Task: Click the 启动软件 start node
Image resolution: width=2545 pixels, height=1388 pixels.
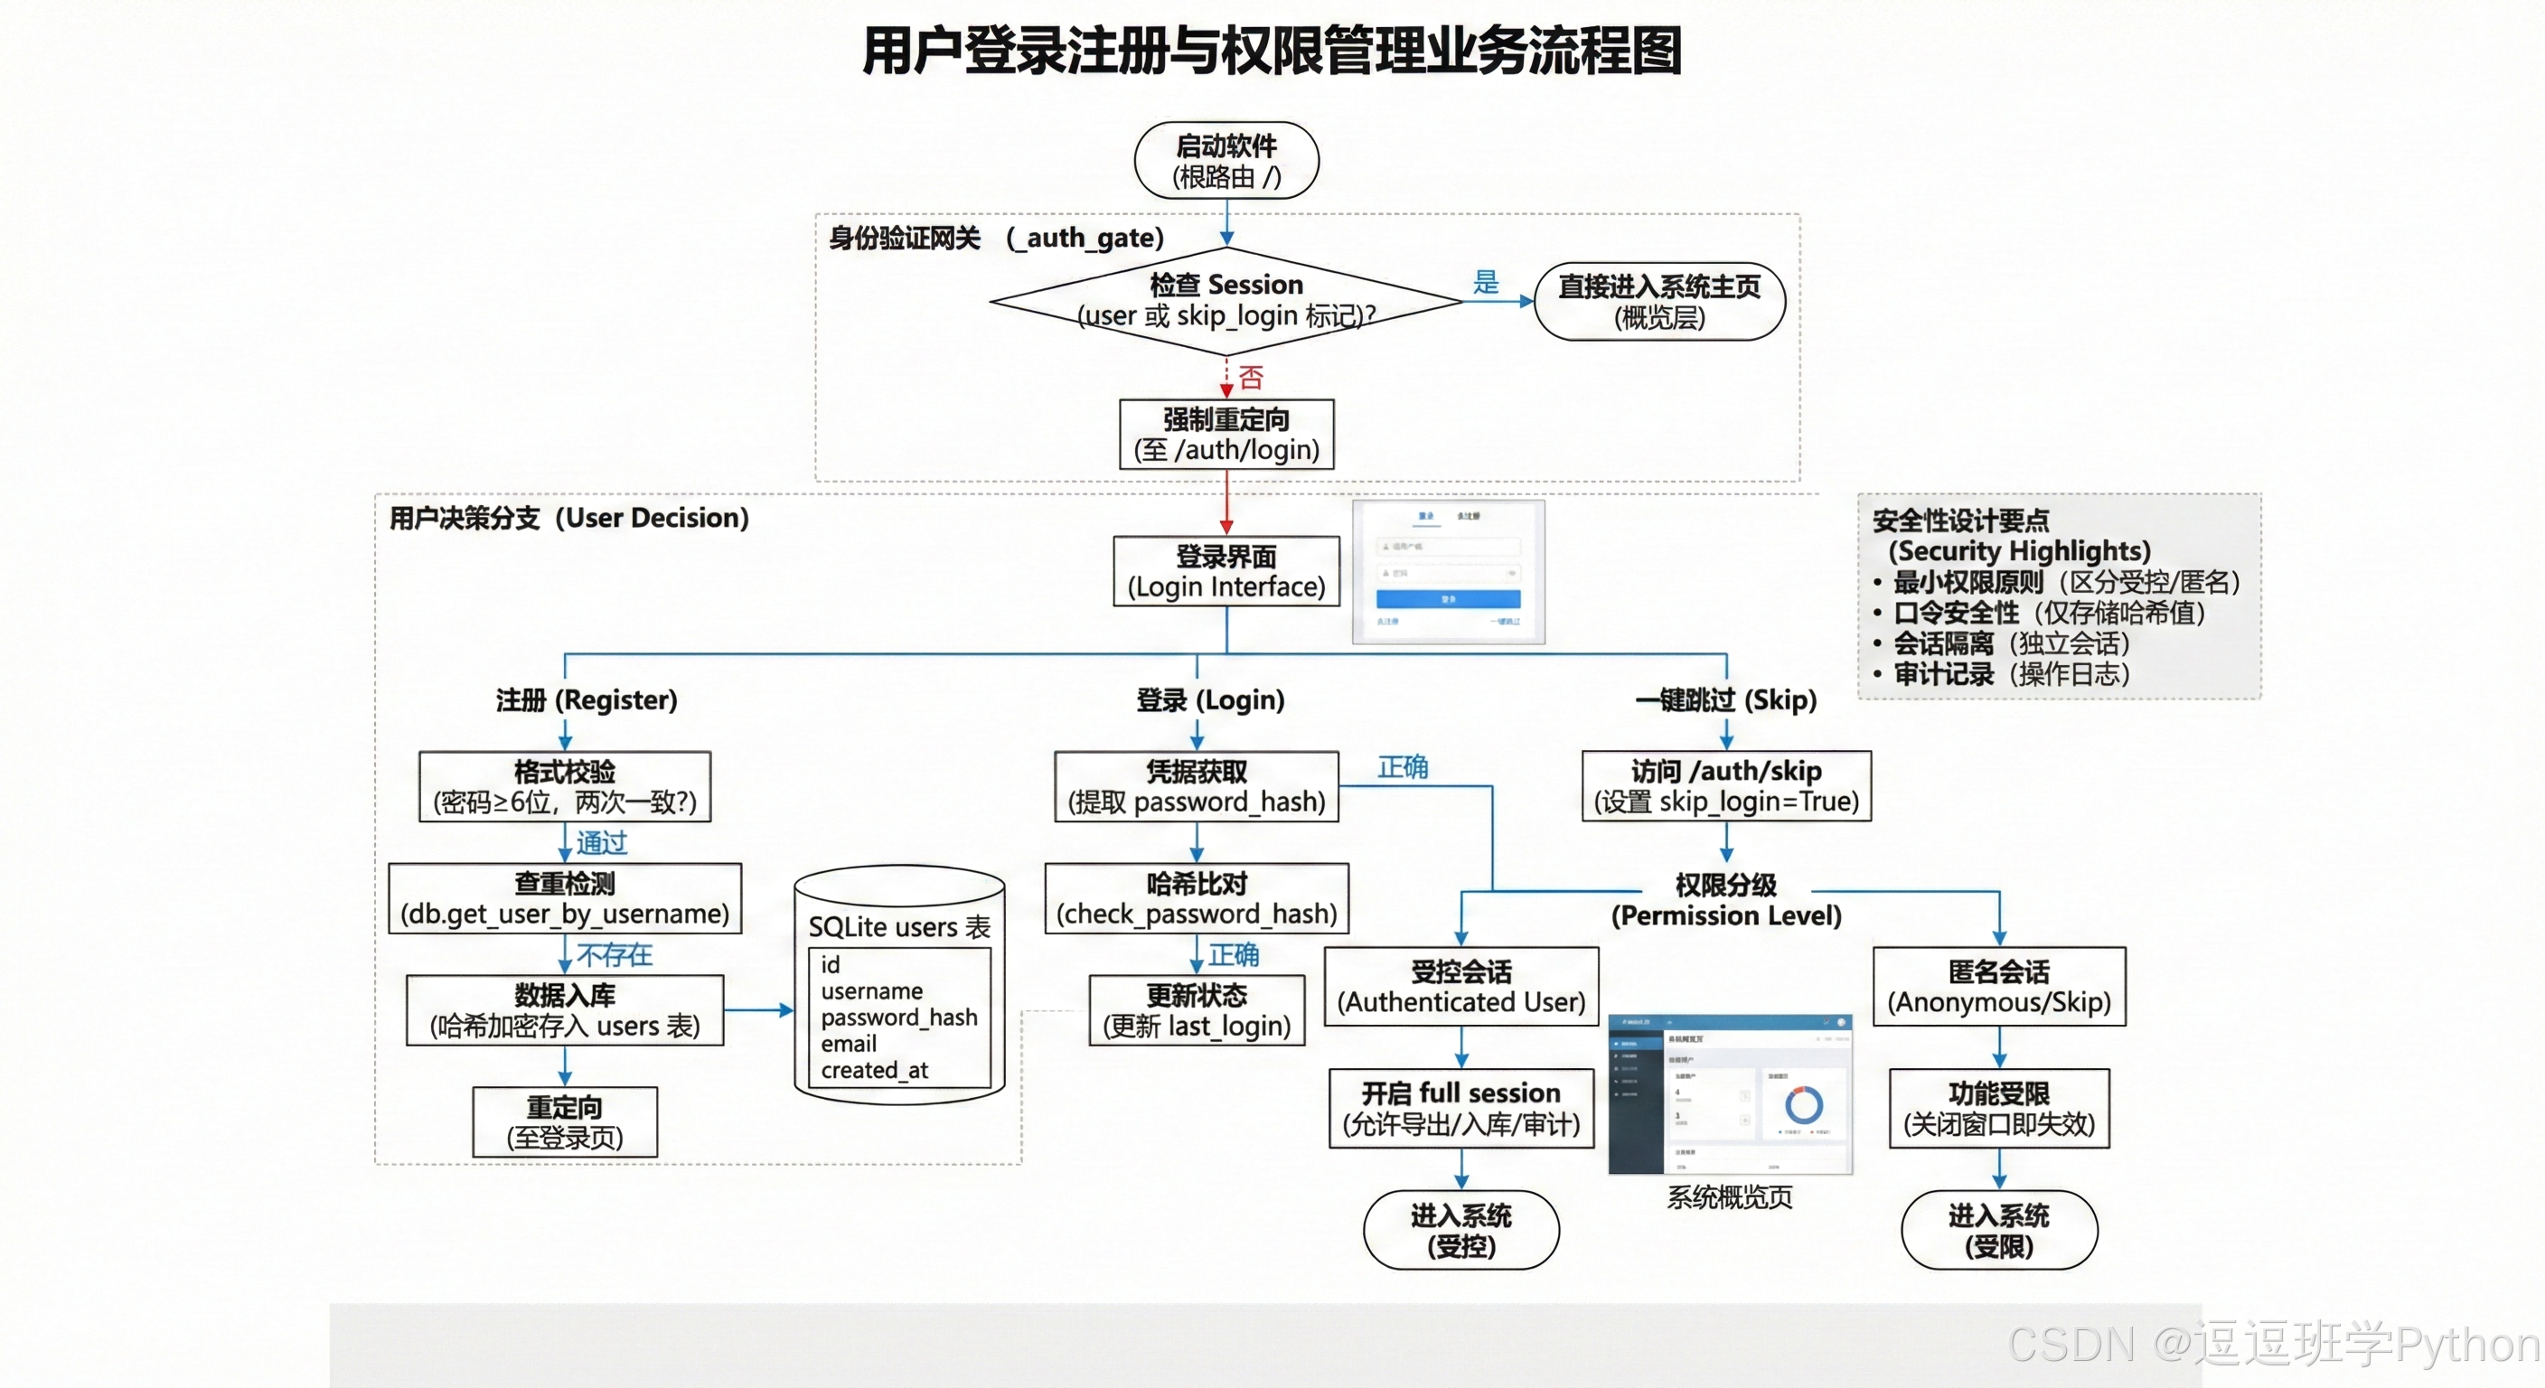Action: (x=1226, y=160)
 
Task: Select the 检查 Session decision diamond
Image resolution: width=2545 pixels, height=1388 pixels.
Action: (x=1226, y=300)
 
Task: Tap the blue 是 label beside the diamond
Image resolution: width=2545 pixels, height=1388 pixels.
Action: (x=1485, y=283)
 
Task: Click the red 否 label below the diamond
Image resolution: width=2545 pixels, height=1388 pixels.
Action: (x=1251, y=377)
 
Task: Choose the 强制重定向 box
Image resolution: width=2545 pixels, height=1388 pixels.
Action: (x=1226, y=434)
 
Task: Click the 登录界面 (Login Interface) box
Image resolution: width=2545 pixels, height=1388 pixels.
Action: (x=1226, y=571)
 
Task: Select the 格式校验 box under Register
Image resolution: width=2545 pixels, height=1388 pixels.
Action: (x=564, y=786)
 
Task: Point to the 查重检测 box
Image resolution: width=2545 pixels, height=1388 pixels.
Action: (x=564, y=898)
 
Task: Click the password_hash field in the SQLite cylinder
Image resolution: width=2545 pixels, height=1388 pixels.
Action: (x=898, y=1017)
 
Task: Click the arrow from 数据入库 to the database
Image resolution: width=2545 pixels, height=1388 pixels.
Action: (x=759, y=1009)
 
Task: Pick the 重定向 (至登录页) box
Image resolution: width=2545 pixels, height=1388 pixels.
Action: (x=564, y=1121)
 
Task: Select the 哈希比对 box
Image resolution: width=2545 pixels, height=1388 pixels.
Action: (x=1196, y=898)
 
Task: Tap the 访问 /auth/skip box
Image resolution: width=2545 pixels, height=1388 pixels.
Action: (x=1725, y=785)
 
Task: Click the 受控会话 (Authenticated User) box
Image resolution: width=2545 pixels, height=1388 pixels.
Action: (x=1460, y=986)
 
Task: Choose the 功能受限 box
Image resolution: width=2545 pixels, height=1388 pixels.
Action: (x=1997, y=1108)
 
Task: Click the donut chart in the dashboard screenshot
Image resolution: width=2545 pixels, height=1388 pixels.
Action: (x=1802, y=1103)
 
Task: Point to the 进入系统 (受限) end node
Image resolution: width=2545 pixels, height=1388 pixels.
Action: (x=1997, y=1229)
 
